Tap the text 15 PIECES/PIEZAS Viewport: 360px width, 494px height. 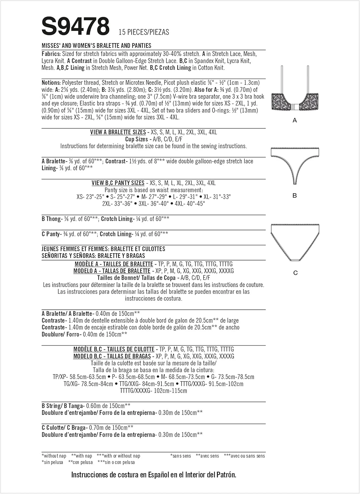click(144, 32)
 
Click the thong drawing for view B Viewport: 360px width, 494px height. click(295, 165)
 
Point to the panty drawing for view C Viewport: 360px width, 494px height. click(295, 242)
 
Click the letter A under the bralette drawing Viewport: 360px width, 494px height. click(295, 121)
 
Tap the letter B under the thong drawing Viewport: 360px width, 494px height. click(295, 196)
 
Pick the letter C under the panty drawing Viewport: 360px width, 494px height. click(295, 273)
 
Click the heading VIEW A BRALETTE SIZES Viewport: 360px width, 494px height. click(118, 132)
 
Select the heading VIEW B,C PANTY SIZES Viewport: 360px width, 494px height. click(118, 183)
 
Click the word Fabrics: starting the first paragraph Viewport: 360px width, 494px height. click(51, 54)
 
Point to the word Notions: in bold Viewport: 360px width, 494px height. click(51, 83)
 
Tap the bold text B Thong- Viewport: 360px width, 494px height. click(52, 219)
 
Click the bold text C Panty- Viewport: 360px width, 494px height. click(51, 234)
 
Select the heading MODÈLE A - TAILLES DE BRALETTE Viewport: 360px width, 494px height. click(114, 264)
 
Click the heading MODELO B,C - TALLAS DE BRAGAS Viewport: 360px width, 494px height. click(112, 356)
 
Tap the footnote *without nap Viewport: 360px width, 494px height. click(54, 456)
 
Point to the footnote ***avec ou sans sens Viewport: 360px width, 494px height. click(244, 456)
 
